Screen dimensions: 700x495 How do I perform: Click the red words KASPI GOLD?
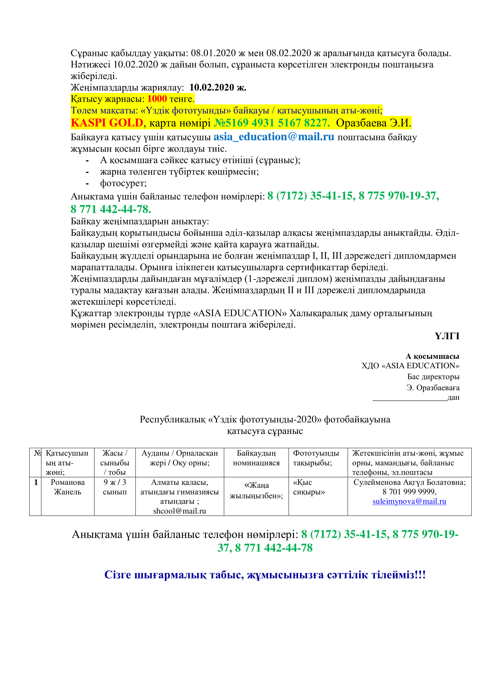click(x=107, y=123)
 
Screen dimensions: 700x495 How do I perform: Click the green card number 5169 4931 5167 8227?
click(x=272, y=123)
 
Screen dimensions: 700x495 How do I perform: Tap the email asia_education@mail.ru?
click(x=274, y=137)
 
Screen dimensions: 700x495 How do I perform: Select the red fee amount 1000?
click(x=157, y=99)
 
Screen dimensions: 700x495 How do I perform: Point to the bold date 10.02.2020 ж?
click(x=218, y=87)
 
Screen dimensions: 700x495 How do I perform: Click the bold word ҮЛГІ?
click(x=447, y=336)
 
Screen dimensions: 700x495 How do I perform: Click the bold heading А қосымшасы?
click(x=432, y=356)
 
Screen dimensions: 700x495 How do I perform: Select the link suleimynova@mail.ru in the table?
click(x=409, y=501)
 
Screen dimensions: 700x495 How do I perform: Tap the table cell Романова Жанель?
click(x=68, y=487)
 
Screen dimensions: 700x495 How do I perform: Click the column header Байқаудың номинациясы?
click(x=256, y=458)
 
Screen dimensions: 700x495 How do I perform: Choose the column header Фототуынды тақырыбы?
click(x=316, y=458)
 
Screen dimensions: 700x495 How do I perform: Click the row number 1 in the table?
click(x=36, y=482)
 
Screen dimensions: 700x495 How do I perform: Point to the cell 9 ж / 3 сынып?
click(x=115, y=487)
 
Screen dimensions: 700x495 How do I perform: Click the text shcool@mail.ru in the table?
click(x=180, y=511)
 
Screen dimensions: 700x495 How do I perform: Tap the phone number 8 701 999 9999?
click(x=409, y=492)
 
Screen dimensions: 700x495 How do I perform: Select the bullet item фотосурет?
click(x=123, y=183)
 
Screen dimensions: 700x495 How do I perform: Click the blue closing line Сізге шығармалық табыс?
click(x=265, y=575)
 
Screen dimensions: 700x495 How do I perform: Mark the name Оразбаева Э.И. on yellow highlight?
click(x=373, y=123)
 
